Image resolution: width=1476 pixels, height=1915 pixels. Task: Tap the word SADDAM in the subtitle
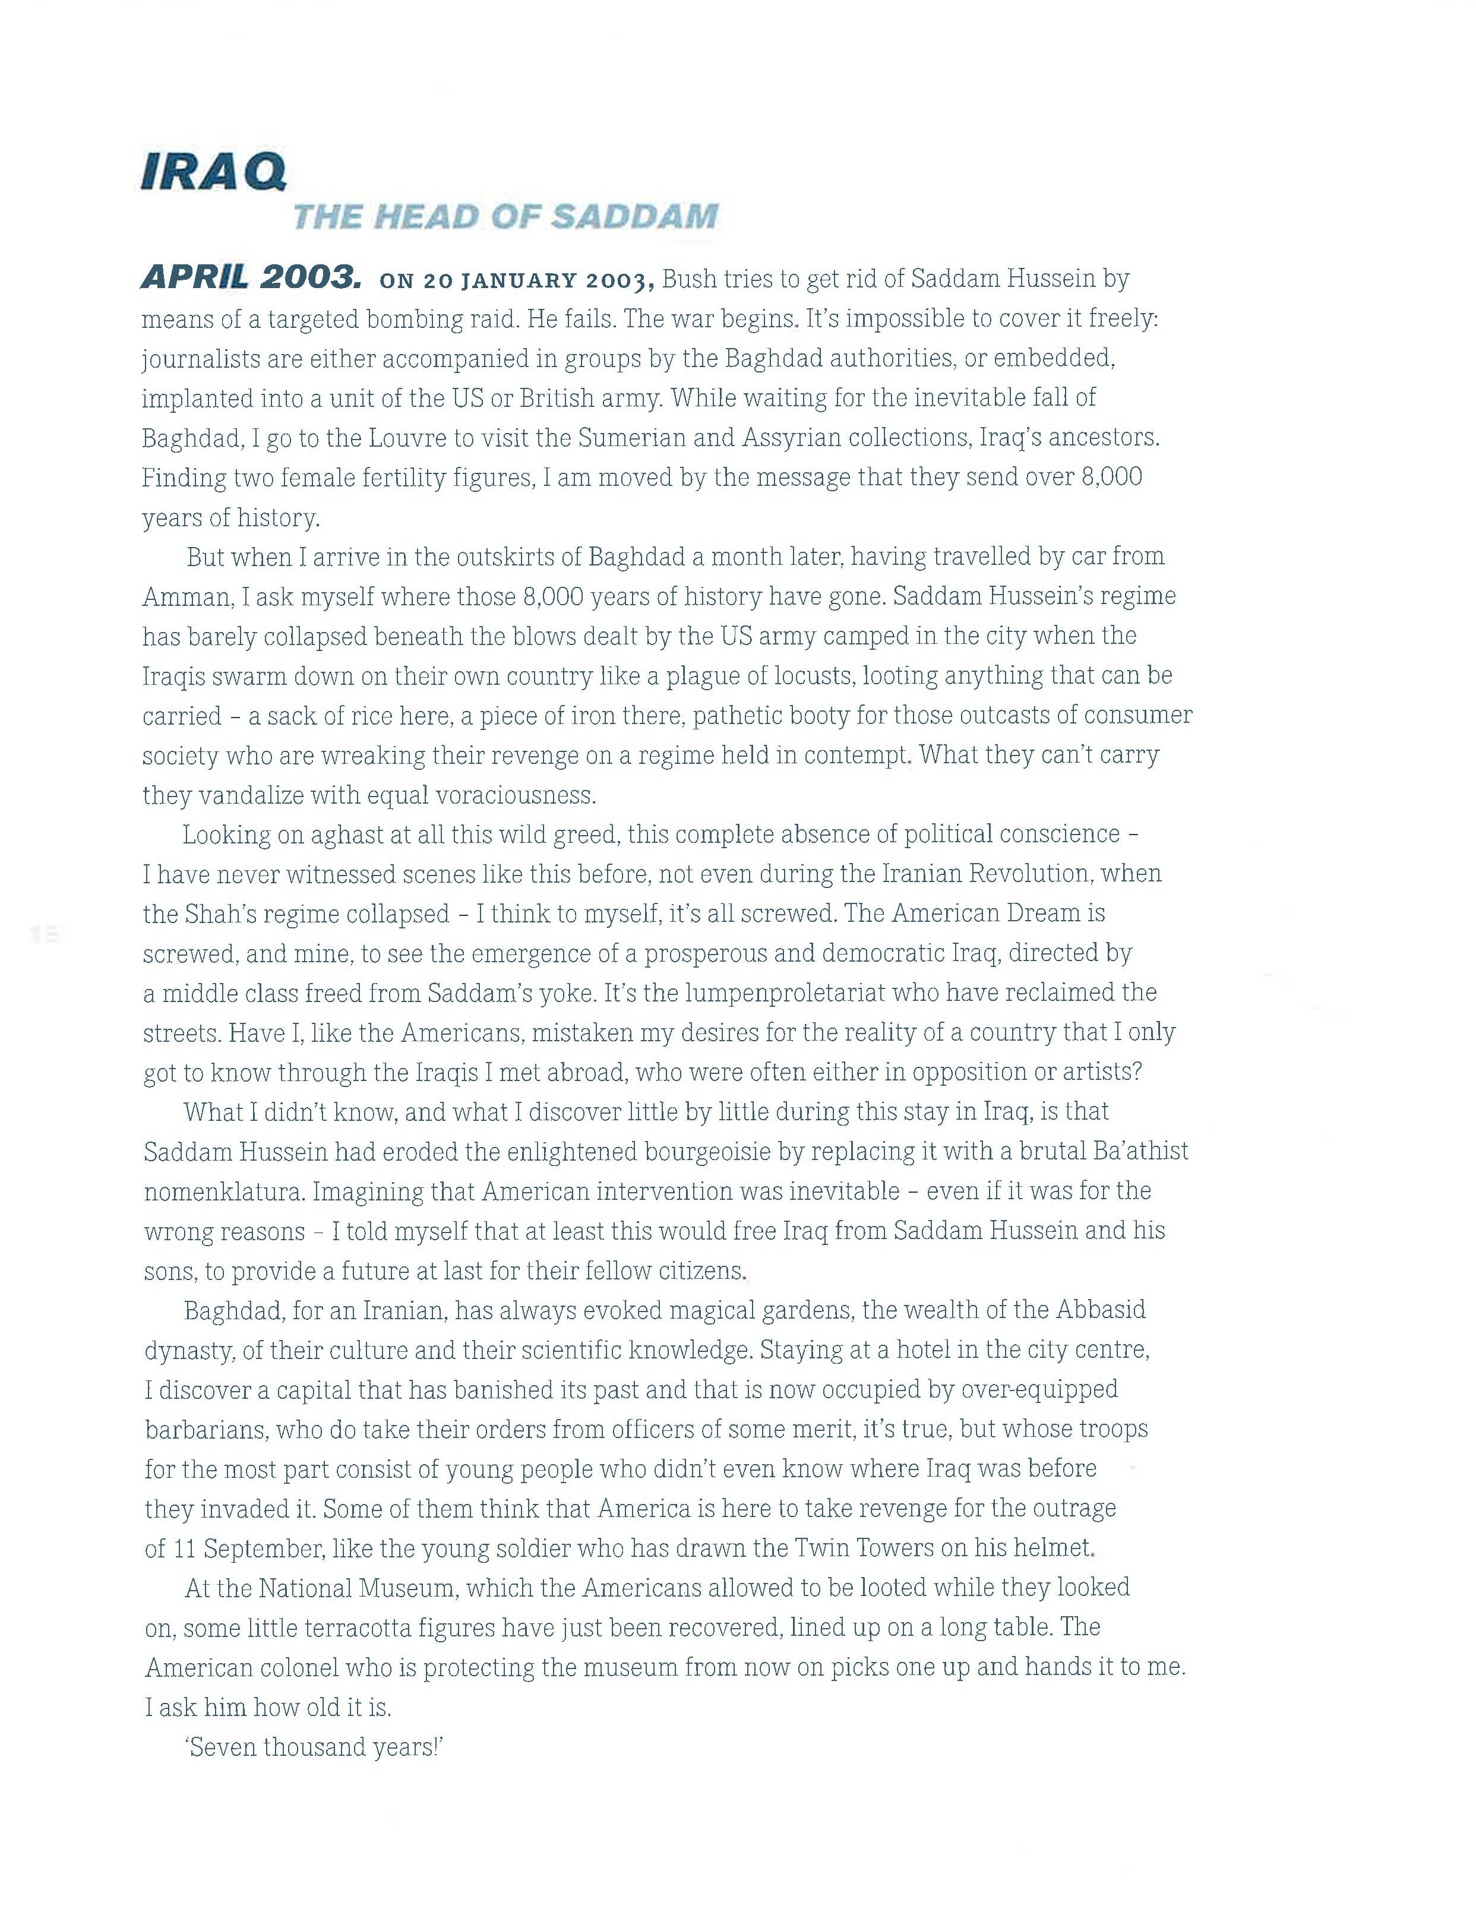click(x=634, y=217)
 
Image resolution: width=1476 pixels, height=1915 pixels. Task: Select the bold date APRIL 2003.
click(x=250, y=278)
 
